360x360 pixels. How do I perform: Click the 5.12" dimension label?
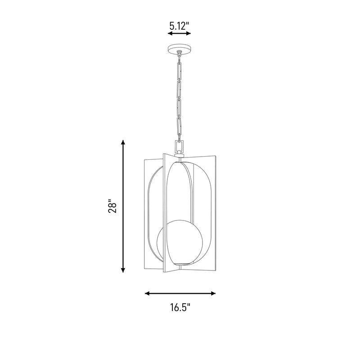point(179,26)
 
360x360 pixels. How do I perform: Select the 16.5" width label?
point(180,307)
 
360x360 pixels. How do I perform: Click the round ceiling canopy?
point(179,49)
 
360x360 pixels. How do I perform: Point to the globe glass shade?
point(180,243)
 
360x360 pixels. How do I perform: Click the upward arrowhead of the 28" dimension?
point(123,142)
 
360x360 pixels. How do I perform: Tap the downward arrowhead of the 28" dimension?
point(123,270)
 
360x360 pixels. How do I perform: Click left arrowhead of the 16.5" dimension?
point(148,293)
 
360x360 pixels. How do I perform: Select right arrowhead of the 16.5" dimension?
point(213,293)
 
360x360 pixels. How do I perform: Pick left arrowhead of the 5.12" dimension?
point(171,33)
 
